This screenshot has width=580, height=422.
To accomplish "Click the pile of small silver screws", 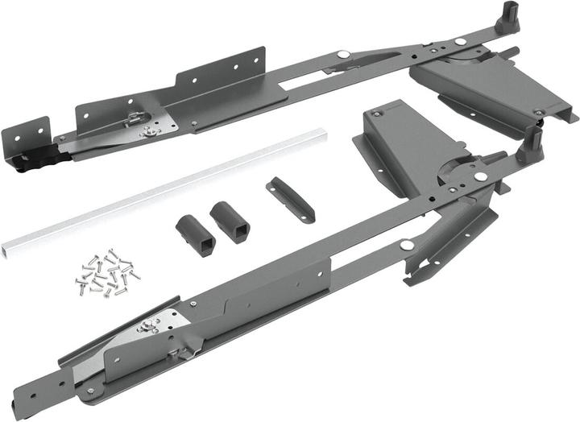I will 106,272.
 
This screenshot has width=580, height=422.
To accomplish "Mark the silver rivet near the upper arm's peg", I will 459,40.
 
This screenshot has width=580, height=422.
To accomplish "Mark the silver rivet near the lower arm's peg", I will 481,176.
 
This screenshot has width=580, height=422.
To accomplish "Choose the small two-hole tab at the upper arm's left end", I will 37,132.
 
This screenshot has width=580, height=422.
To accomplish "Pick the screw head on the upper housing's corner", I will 538,112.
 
